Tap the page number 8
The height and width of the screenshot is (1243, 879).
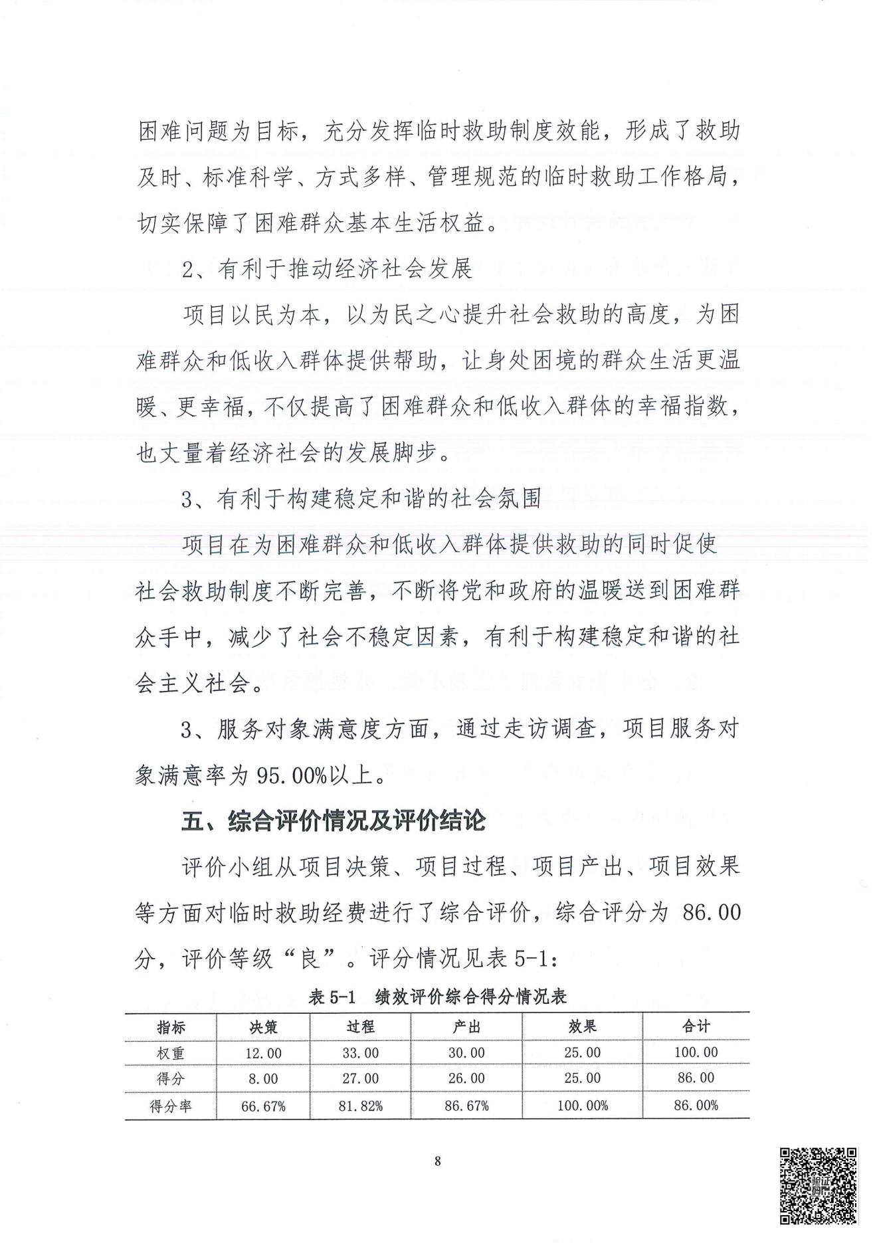[x=437, y=1161]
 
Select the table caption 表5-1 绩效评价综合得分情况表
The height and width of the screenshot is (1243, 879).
[x=437, y=997]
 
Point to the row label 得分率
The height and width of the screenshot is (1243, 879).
[x=171, y=1106]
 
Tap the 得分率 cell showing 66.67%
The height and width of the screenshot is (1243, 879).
[x=263, y=1106]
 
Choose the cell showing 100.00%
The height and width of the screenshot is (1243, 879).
[x=582, y=1106]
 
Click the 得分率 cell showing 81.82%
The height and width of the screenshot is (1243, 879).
[x=361, y=1106]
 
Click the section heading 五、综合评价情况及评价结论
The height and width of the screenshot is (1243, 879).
[x=334, y=822]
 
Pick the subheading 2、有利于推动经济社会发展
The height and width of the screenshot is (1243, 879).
[x=327, y=269]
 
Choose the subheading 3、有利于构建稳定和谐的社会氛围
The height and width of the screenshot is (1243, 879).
[x=361, y=498]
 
